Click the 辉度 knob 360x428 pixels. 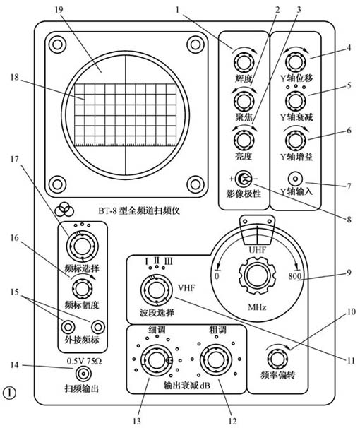click(243, 62)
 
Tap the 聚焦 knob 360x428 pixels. click(243, 99)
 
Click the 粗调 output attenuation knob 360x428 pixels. click(210, 360)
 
